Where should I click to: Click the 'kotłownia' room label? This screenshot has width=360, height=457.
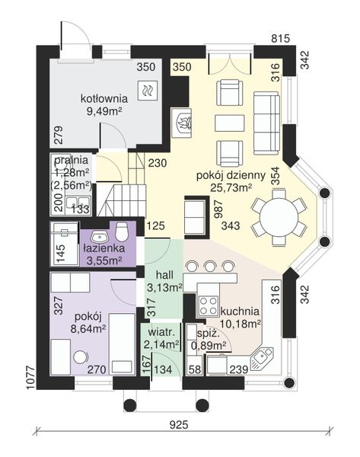pos(104,98)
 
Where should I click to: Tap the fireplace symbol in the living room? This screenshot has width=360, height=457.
pos(182,123)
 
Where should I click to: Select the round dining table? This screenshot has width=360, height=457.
pos(279,217)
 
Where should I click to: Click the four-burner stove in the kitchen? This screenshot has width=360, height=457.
pos(208,305)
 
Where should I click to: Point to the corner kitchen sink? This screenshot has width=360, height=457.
pos(262,358)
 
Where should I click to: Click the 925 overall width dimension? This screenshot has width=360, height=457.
pos(179,425)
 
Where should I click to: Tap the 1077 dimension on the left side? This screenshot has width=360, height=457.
pos(30,378)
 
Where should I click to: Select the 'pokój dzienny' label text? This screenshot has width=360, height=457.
pos(231,176)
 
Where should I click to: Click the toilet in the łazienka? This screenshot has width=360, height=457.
pos(122,232)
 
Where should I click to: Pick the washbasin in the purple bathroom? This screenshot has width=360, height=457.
pos(99,236)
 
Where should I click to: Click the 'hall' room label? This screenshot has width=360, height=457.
pos(164,275)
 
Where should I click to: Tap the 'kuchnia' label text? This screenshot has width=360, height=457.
pos(240,311)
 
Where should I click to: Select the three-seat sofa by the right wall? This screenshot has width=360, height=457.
pos(266,123)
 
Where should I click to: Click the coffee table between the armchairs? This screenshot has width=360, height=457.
pos(230,123)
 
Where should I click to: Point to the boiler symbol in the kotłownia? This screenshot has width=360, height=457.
pos(148,90)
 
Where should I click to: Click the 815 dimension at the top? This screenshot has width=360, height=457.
pos(281,38)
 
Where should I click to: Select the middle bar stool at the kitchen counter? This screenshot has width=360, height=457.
pos(209,266)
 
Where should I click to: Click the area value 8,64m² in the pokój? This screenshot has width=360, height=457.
pos(88,329)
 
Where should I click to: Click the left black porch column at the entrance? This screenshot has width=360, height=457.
pos(130,405)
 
